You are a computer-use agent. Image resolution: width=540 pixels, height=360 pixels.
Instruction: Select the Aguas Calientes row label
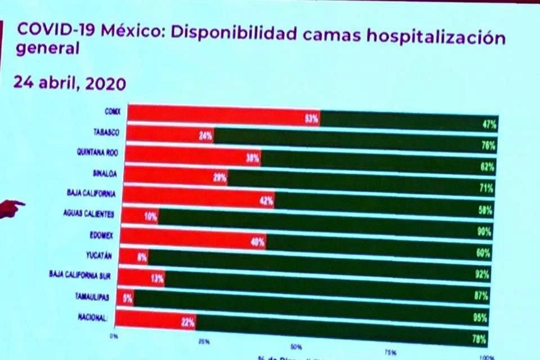click(90, 214)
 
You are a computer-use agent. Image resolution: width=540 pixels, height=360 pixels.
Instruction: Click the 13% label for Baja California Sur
click(157, 278)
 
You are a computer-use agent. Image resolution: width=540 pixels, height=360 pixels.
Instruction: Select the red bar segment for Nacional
click(155, 321)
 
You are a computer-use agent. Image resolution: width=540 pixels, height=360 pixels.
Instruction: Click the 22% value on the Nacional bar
click(188, 323)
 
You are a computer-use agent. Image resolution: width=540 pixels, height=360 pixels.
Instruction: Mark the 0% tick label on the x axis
click(113, 336)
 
